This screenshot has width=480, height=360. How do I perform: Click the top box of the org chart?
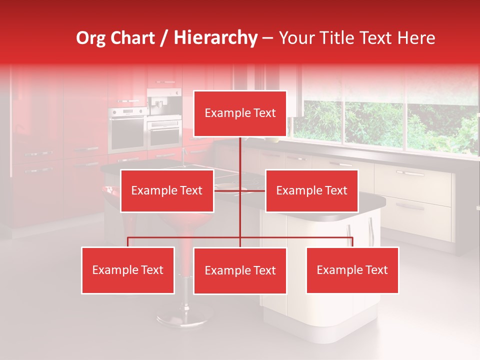[x=240, y=113]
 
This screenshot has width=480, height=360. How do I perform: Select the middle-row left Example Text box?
[x=167, y=190]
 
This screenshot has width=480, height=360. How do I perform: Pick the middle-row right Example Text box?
[x=311, y=190]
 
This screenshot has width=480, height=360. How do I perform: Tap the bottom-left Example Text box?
[x=128, y=270]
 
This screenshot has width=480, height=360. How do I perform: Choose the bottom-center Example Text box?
[x=240, y=270]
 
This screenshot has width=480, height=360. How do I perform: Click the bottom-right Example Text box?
[x=352, y=270]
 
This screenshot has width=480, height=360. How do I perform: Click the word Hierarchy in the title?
[x=215, y=38]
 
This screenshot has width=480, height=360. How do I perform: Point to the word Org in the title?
[x=90, y=38]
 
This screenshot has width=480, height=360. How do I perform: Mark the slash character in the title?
[x=164, y=38]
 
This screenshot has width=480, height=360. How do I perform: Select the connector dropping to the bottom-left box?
[x=128, y=242]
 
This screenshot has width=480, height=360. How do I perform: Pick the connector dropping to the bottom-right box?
[x=352, y=242]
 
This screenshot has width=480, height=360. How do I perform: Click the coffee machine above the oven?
[x=164, y=102]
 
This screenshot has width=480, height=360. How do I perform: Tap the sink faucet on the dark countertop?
[x=183, y=159]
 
